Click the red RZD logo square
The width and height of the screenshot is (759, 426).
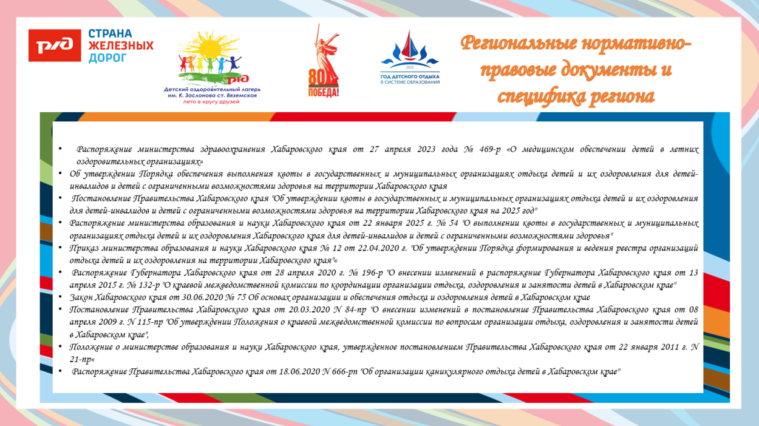[55, 46]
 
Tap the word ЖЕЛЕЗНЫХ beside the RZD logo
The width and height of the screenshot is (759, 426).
[121, 46]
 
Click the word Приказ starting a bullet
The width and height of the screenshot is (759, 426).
[84, 248]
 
